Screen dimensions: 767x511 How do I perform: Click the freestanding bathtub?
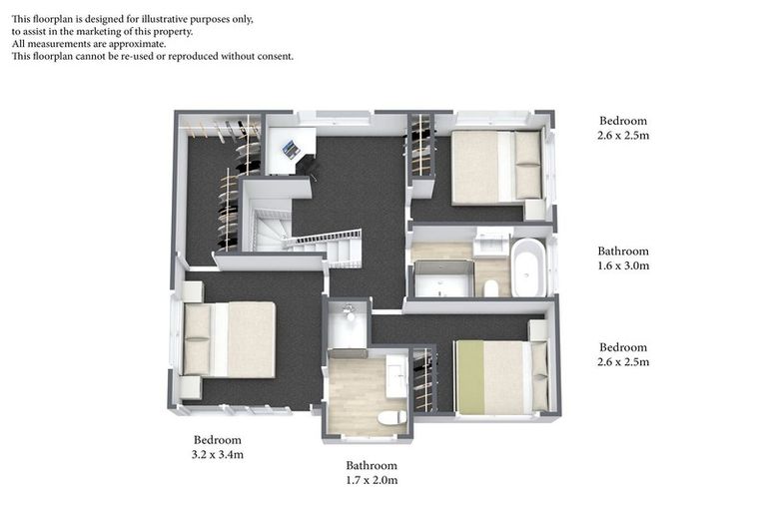pos(528,267)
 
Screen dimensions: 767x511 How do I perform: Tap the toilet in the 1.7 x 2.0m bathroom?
pos(392,417)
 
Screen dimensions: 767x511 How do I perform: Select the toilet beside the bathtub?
pos(491,288)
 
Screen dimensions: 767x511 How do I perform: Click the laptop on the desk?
pos(291,150)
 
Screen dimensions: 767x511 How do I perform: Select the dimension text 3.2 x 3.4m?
pos(217,455)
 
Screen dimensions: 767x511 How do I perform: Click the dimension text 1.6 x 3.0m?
pos(623,266)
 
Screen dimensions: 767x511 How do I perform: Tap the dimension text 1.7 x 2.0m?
pos(372,480)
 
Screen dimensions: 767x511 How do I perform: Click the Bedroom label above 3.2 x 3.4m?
pos(217,440)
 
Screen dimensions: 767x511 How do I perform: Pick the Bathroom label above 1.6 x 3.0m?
pos(623,252)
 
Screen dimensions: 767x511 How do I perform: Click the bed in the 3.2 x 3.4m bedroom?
pos(229,339)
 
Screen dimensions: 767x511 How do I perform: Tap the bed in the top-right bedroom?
pos(495,167)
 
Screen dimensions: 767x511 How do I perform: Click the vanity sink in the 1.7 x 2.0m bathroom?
pos(396,376)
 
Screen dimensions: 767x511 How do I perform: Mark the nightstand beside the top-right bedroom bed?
pos(534,210)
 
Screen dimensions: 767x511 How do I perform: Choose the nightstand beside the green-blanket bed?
pos(537,330)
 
